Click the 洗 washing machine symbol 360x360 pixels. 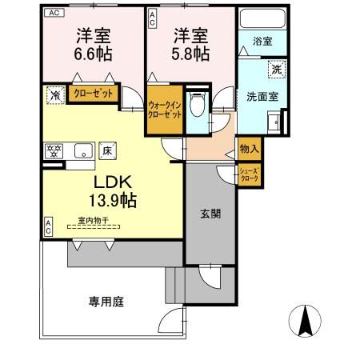point(274,70)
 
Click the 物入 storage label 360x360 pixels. point(247,149)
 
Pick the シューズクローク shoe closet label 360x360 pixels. point(247,175)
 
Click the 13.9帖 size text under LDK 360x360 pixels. point(112,200)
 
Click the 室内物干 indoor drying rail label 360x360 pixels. point(94,220)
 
